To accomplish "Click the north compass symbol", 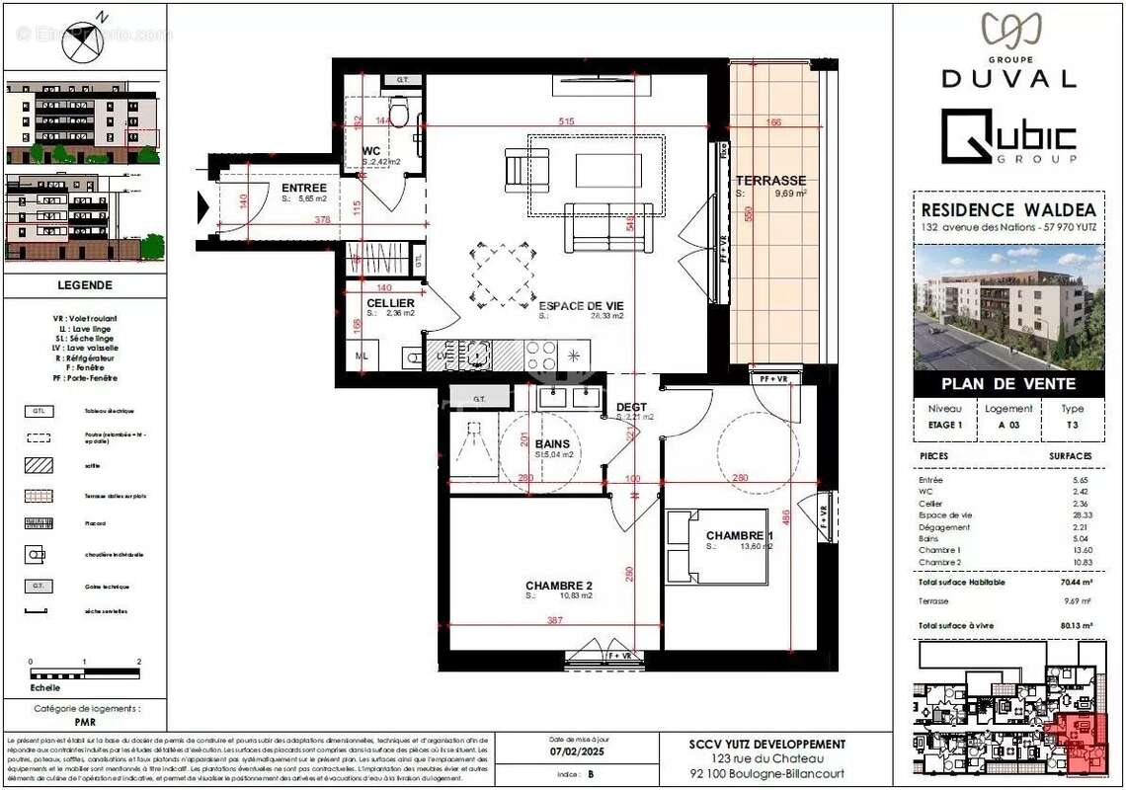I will click(84, 40).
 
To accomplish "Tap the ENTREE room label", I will click(304, 188).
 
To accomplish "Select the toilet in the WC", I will click(399, 113).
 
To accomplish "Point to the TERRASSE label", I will click(770, 181).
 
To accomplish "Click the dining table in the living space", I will click(502, 274).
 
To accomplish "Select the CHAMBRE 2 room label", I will click(558, 585).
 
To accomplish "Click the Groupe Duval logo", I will click(1007, 49).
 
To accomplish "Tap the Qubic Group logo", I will click(1008, 137).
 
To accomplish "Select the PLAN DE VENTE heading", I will click(1007, 383).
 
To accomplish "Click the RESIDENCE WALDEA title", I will click(1007, 209).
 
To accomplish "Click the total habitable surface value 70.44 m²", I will click(1072, 583).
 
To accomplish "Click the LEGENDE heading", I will click(84, 285).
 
